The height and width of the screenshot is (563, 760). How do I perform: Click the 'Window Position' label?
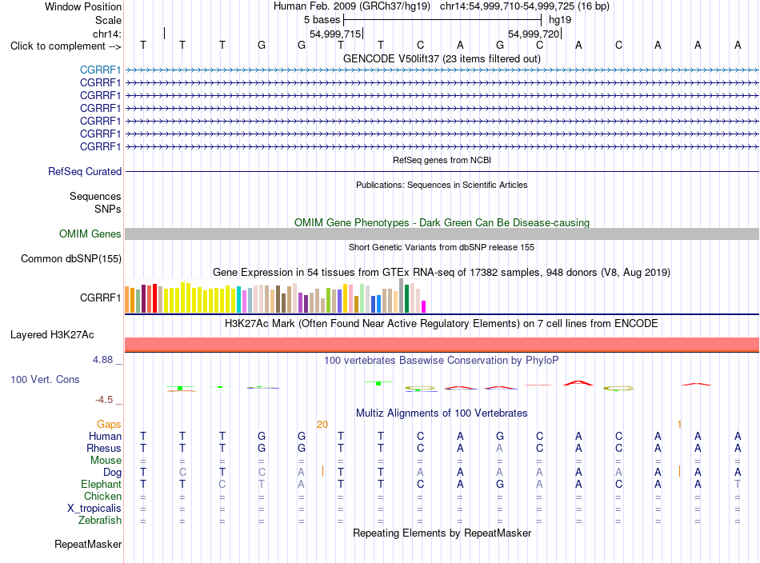83,6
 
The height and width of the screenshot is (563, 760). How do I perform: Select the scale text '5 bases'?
322,20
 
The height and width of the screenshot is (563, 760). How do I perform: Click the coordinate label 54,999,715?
335,34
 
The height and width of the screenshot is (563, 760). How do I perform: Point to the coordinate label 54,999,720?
534,34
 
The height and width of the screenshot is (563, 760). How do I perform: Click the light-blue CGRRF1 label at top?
100,70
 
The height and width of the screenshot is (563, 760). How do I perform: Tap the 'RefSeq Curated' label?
85,171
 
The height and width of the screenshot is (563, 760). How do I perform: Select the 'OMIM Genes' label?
90,234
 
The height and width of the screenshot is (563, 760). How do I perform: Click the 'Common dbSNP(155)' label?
71,259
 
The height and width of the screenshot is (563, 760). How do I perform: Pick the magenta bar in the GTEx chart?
424,307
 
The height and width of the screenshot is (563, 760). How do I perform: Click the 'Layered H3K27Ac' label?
52,335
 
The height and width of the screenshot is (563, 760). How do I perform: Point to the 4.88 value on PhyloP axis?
102,360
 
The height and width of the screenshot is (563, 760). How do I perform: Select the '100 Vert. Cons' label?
45,379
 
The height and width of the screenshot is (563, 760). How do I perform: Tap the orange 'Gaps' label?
109,425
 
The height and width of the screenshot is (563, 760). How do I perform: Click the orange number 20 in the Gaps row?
322,425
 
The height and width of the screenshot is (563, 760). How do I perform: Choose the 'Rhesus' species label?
104,448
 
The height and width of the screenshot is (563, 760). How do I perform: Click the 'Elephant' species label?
102,485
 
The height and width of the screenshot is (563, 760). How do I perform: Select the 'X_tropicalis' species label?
94,509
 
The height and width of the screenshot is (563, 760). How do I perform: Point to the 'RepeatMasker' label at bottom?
88,544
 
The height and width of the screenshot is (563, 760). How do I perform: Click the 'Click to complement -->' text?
66,46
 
